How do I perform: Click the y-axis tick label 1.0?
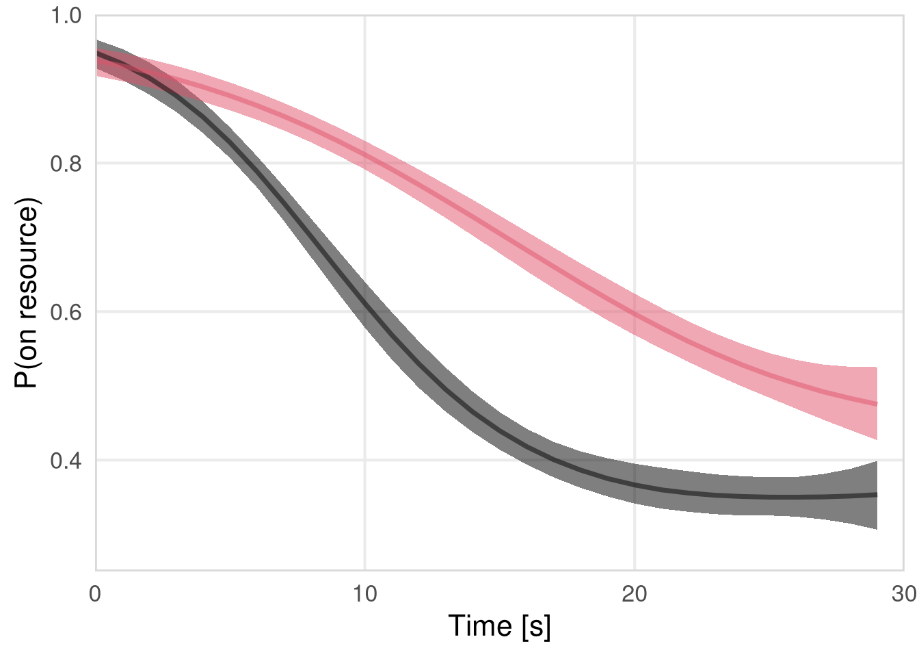click(66, 15)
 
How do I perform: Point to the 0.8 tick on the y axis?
click(66, 164)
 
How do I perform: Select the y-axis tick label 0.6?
click(66, 312)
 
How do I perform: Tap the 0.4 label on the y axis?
click(66, 461)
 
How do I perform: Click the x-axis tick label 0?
click(96, 594)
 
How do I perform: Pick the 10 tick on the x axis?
click(365, 594)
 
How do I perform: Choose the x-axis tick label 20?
click(635, 594)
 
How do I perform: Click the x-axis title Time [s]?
click(499, 626)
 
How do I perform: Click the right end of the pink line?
click(877, 404)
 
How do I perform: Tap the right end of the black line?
click(877, 494)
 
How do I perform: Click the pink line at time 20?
click(635, 313)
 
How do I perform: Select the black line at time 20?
click(635, 485)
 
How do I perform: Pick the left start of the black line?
click(97, 53)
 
